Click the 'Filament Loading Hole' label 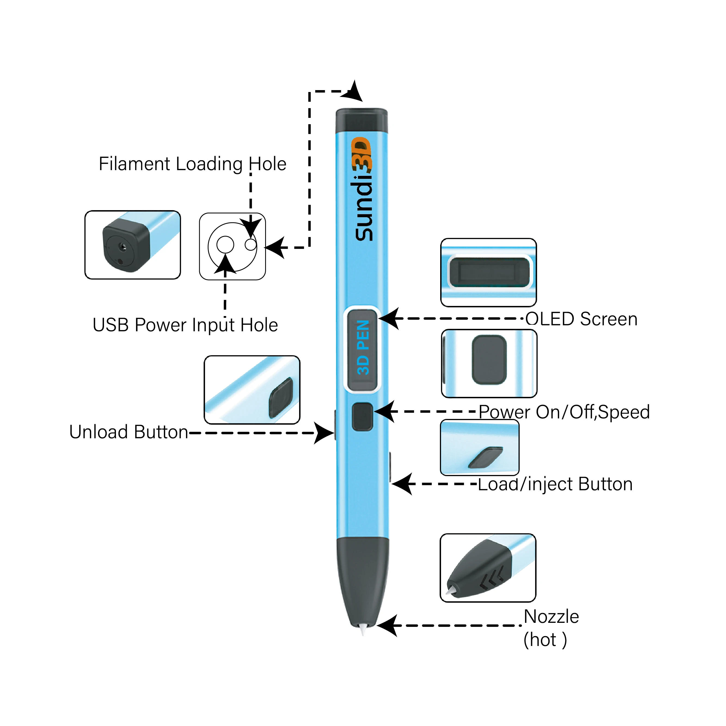tap(192, 164)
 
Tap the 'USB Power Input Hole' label tap(185, 325)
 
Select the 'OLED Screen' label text tap(581, 319)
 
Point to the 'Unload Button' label tap(128, 432)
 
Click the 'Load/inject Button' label tap(555, 484)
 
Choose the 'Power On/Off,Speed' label tap(564, 412)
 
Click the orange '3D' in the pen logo tap(362, 154)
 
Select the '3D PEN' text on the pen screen tap(363, 348)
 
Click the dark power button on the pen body tap(362, 416)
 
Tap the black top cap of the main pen tap(362, 120)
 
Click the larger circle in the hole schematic tap(225, 245)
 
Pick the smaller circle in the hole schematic tap(251, 245)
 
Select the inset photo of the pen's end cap tap(133, 245)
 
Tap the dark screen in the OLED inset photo tap(489, 272)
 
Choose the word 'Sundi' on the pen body tap(363, 210)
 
